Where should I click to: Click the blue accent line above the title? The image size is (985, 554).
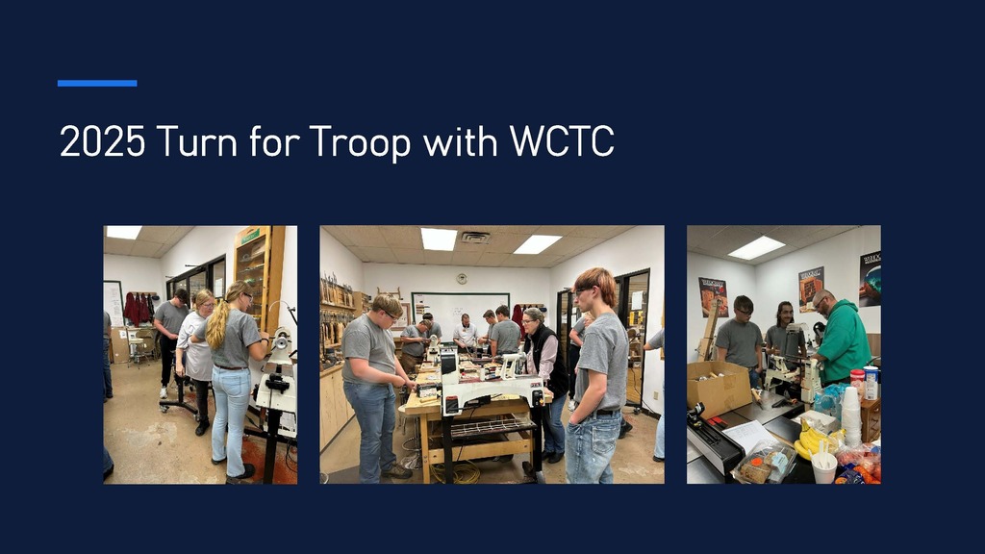tap(96, 84)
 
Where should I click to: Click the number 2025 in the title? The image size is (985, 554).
tap(102, 142)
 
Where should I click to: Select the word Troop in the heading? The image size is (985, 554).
tap(361, 142)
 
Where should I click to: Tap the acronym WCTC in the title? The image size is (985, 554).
tap(561, 142)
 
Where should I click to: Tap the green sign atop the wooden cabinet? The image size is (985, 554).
tap(250, 237)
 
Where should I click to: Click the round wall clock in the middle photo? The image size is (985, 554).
tap(462, 279)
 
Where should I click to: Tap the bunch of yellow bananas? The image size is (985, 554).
tap(814, 441)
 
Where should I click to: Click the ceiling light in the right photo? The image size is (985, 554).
tap(755, 247)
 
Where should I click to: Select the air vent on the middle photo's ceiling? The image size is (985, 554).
tap(475, 237)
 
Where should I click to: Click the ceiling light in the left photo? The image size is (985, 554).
tap(123, 232)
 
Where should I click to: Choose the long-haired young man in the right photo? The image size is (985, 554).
tap(782, 327)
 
